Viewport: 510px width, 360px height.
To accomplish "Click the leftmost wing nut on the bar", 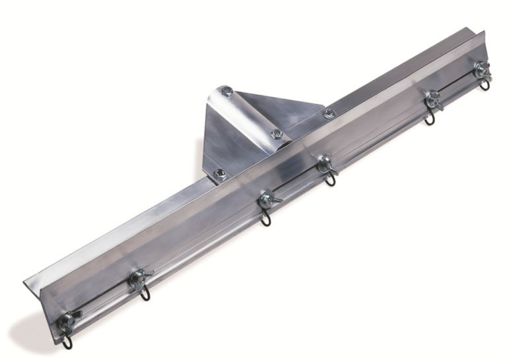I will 67,321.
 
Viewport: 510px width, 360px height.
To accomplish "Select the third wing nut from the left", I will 267,198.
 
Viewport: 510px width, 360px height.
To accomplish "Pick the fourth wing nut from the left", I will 325,163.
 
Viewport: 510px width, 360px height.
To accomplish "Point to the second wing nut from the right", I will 434,99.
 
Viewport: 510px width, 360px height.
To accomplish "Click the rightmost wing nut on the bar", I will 482,69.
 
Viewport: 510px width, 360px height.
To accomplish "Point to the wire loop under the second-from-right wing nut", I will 430,119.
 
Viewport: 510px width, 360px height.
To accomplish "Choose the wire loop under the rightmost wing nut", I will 484,84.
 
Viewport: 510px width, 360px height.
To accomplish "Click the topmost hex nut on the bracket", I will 227,90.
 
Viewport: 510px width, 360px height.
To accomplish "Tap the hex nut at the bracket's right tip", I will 327,114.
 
